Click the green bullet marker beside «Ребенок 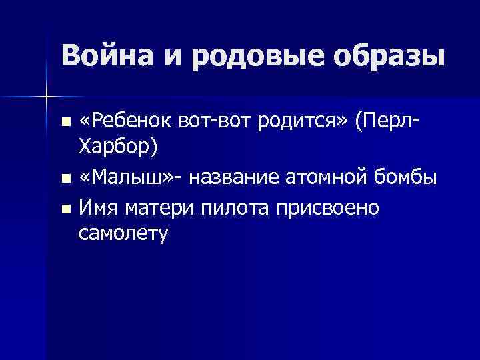coord(65,122)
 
